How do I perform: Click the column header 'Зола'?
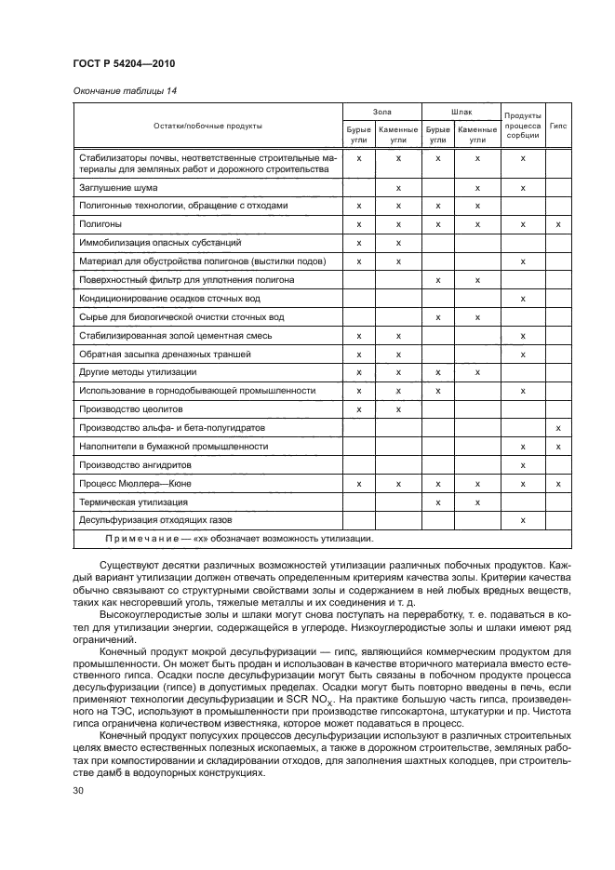pos(381,111)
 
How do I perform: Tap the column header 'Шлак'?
pos(461,111)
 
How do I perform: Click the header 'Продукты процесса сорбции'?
pos(523,125)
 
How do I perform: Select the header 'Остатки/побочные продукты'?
pos(207,125)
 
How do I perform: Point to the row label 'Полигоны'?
pos(100,224)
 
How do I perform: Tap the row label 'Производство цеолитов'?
pos(130,408)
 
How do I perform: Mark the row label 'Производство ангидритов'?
pos(135,464)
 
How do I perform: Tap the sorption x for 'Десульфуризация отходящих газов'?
pos(523,519)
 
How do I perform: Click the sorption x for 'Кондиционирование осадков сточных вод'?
pos(523,298)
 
